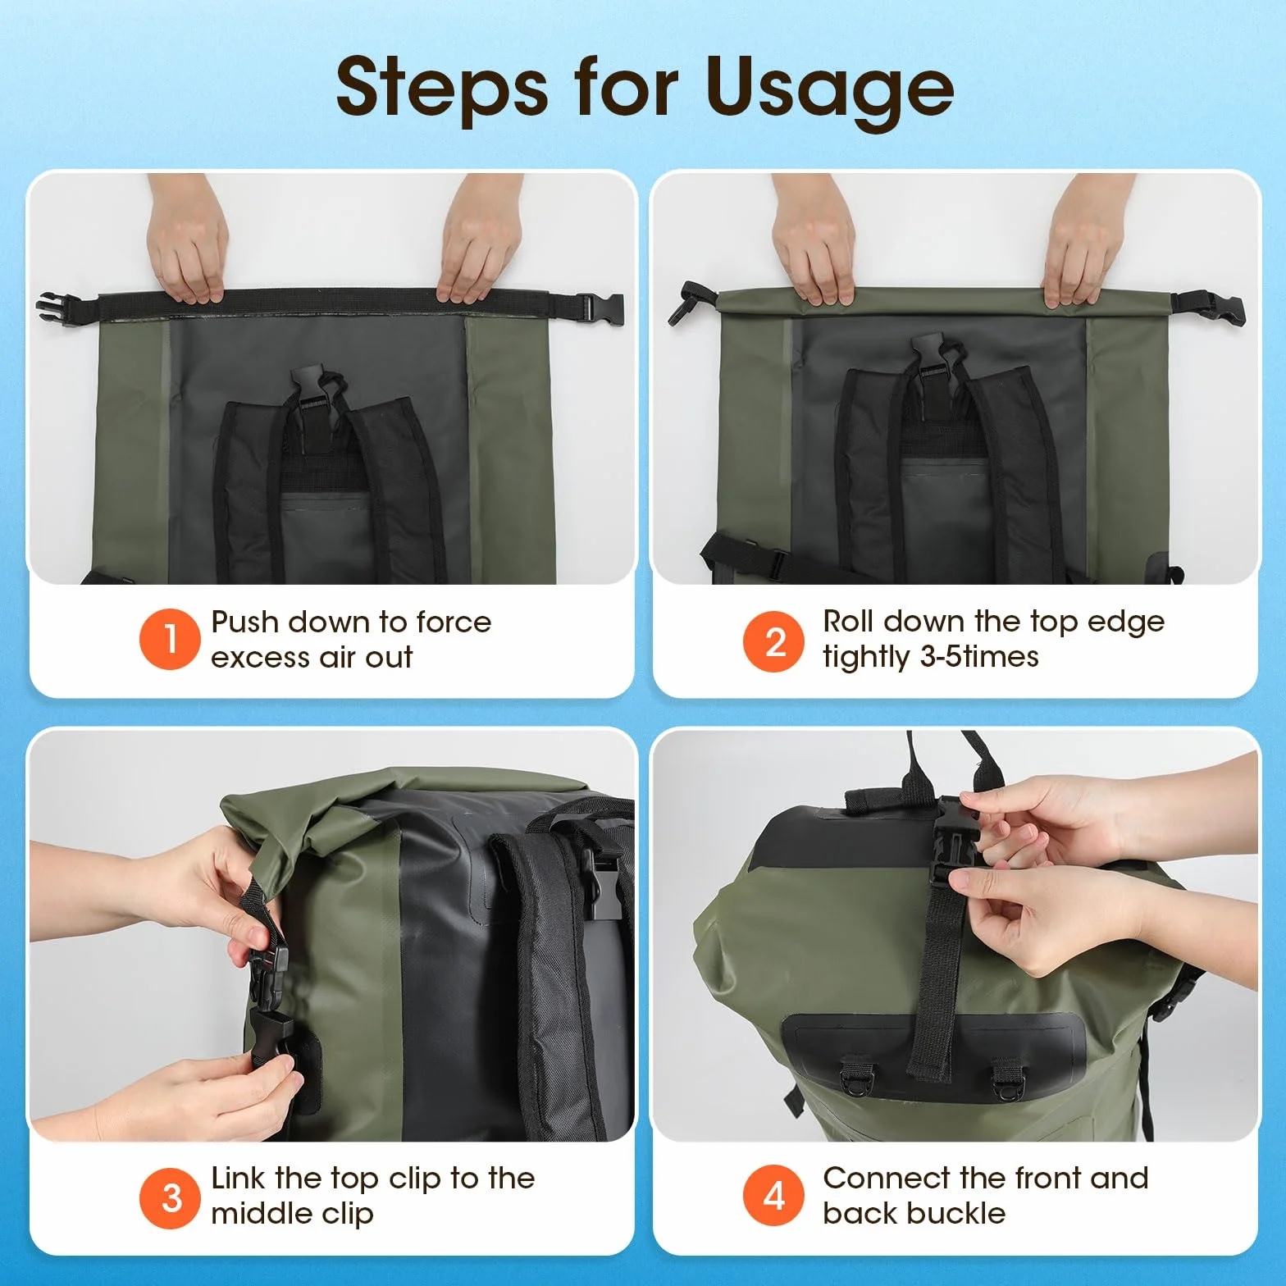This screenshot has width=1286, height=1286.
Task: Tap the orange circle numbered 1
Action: coord(170,639)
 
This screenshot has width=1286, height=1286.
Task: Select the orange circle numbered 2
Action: coord(773,641)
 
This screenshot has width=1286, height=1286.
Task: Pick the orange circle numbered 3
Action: coord(170,1197)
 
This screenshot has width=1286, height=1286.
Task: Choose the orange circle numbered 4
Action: coord(773,1196)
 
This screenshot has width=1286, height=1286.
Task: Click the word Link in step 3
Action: coord(239,1178)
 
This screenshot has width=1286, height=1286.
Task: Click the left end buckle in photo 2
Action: coord(688,303)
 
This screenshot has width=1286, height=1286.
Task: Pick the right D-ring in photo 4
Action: coord(1007,1080)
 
